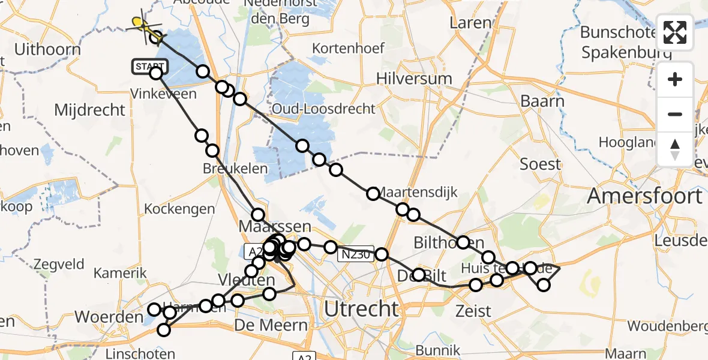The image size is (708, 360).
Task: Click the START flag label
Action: [146, 66]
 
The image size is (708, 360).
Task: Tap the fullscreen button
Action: [675, 33]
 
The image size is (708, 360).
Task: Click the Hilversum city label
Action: [414, 79]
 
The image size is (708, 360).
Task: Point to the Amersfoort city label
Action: [644, 196]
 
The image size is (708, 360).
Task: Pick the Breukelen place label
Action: [235, 169]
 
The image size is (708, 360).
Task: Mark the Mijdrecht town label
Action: [90, 110]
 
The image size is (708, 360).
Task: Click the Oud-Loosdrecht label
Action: [323, 109]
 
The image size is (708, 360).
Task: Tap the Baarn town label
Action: [542, 101]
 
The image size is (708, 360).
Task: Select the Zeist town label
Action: [473, 311]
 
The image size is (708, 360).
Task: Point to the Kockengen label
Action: [179, 209]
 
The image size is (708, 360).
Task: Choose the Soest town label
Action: [540, 164]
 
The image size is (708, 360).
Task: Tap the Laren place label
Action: [471, 24]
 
